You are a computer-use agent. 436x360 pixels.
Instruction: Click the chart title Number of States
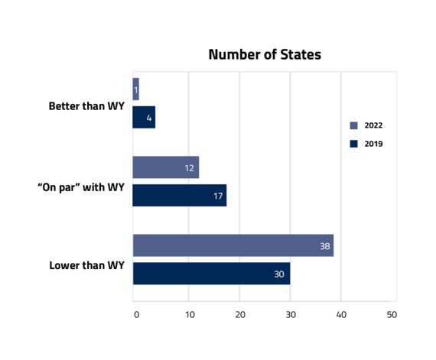pos(265,54)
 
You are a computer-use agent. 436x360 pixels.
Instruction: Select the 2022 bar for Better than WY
pos(136,89)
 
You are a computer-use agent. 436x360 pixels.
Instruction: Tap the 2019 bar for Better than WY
pos(144,117)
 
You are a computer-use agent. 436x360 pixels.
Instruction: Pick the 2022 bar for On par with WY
pos(166,167)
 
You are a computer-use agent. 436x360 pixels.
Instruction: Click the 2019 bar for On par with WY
pos(180,195)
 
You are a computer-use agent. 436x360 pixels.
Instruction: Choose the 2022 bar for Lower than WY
pos(233,245)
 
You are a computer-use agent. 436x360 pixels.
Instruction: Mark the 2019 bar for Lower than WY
pos(212,274)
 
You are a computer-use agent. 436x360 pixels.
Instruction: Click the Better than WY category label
pos(86,106)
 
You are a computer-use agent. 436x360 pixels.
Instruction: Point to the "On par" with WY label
pos(81,187)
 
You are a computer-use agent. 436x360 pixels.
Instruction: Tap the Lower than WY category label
pos(86,265)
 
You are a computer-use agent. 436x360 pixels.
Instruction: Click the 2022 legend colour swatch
pos(353,125)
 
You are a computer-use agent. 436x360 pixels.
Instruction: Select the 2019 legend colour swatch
pos(353,144)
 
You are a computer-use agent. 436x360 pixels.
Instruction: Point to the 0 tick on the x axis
pos(136,315)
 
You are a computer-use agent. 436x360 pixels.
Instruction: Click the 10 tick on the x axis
pos(190,315)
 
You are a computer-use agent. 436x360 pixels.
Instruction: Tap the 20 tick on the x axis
pos(240,315)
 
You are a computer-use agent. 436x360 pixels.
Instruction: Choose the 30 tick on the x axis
pos(291,315)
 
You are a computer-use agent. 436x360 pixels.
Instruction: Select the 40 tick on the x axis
pos(341,315)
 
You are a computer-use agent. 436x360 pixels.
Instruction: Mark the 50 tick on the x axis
pos(392,315)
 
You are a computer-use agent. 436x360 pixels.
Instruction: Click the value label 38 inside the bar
pos(325,246)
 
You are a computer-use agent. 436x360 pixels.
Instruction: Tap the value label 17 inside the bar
pos(218,196)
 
